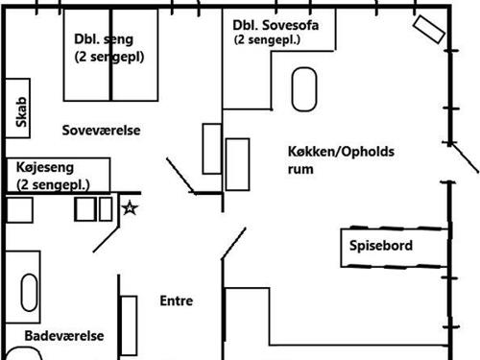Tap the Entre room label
tap(177, 301)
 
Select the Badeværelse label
tap(64, 336)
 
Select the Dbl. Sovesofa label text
tap(276, 24)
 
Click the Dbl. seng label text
tap(103, 39)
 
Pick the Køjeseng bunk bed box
tap(58, 175)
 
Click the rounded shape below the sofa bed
tap(305, 89)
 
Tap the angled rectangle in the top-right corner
tap(429, 29)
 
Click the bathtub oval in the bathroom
tap(29, 292)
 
